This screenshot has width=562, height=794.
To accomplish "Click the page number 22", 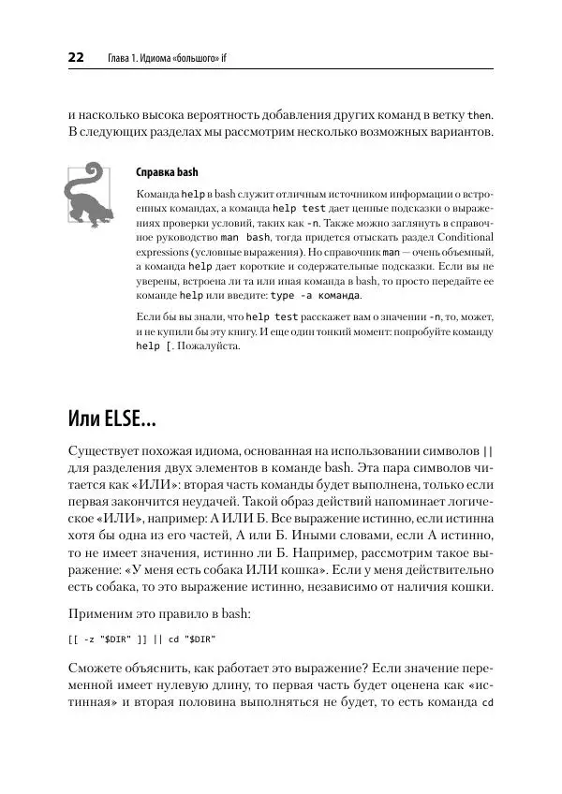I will (77, 58).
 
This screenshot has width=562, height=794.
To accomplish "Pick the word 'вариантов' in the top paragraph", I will (451, 134).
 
